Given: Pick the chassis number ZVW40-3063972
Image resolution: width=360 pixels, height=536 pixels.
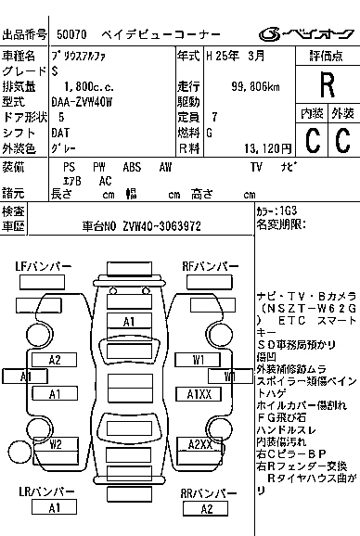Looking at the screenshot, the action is [167, 225].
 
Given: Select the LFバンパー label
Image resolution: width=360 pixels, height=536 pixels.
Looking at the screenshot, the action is [44, 266].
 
